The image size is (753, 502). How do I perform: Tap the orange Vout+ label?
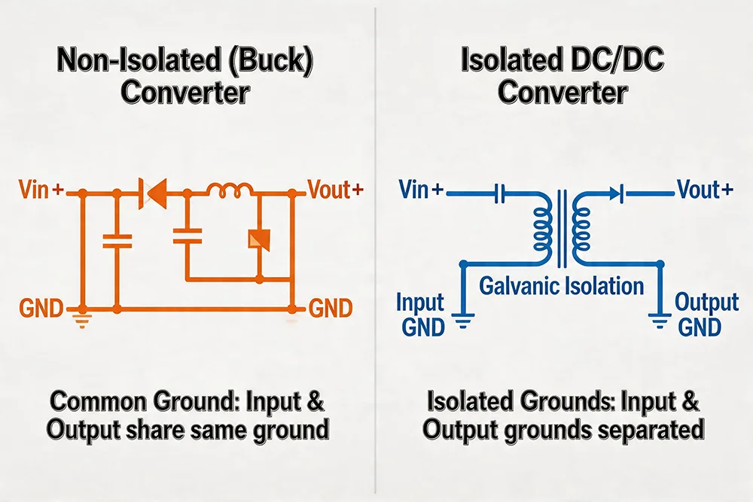(336, 191)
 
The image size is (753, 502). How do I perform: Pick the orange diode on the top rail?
(153, 194)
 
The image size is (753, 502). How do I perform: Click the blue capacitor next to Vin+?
(498, 194)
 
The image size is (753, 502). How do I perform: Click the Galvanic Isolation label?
(562, 286)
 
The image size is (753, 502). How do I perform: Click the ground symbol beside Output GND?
(660, 321)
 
